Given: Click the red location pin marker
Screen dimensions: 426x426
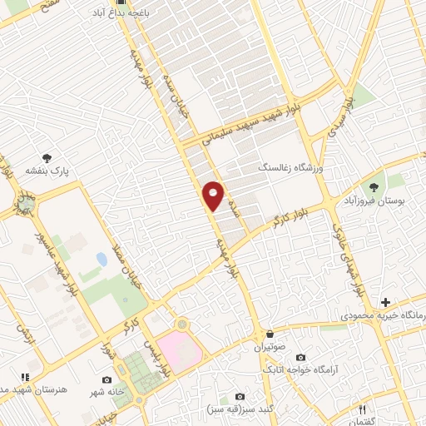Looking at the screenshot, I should coord(214,196).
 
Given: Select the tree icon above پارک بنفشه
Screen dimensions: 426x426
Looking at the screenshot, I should coord(46,158).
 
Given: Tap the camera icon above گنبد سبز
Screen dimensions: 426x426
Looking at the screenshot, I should coord(240,396).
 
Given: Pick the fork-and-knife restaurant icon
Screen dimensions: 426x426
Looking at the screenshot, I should coord(361,409).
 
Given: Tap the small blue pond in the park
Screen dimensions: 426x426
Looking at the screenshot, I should coord(102,260).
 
